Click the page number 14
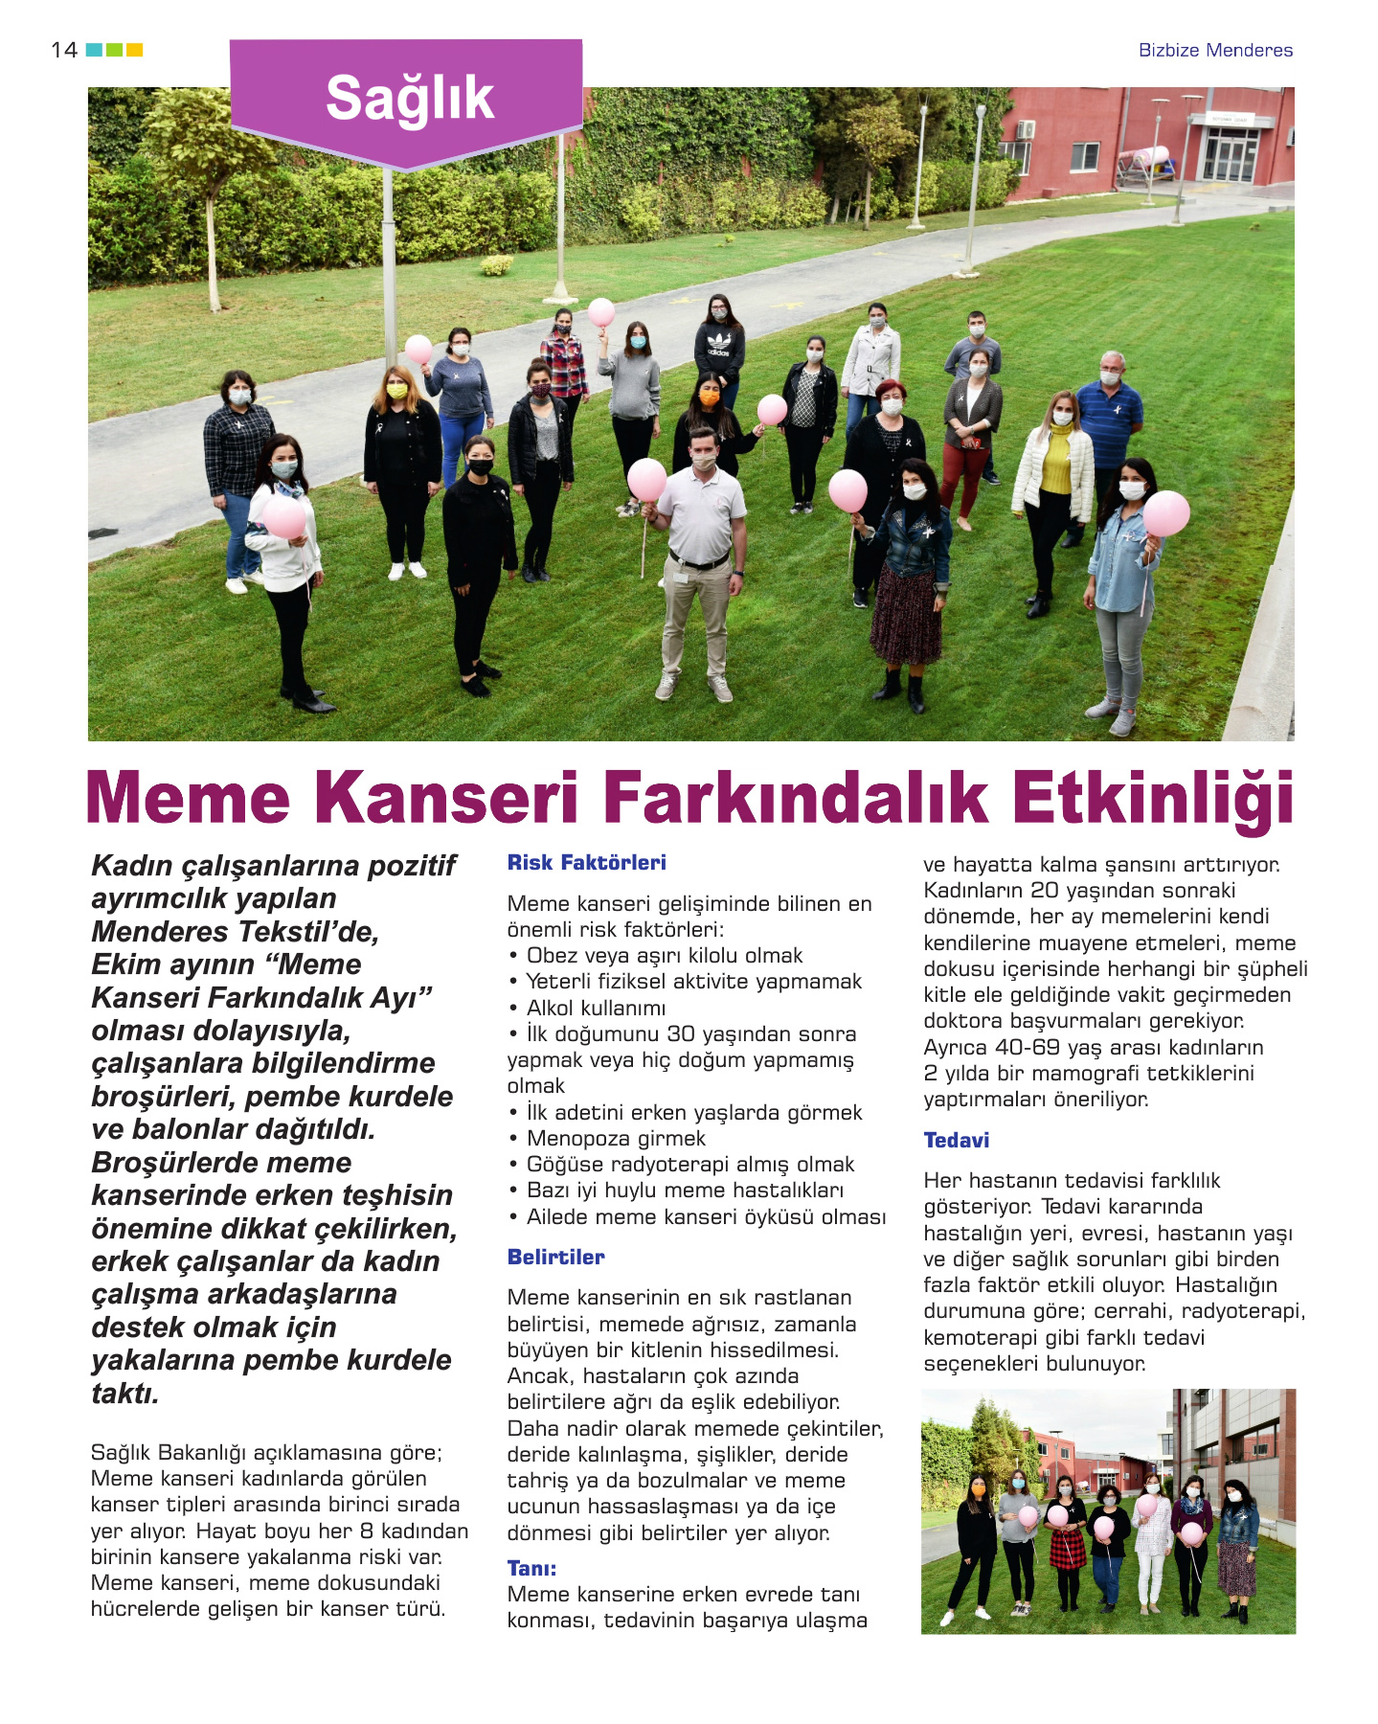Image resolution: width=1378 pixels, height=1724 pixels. (x=64, y=50)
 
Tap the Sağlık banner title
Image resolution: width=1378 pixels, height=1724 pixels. (x=409, y=99)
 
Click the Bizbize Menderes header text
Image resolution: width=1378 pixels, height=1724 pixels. (x=1214, y=51)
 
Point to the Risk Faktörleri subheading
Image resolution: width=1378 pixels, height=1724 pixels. (x=586, y=863)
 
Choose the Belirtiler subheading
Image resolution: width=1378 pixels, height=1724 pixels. (x=555, y=1258)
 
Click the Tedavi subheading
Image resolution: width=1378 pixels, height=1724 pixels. (x=956, y=1141)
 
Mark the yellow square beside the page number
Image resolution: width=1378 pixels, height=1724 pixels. (x=135, y=50)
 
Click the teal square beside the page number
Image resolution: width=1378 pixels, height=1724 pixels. (x=94, y=50)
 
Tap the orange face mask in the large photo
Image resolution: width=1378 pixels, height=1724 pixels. (x=709, y=397)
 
